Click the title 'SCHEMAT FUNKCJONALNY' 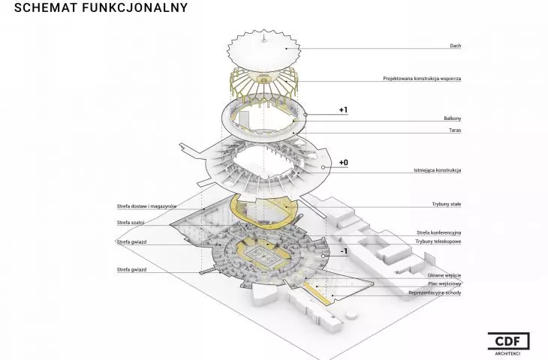click(101, 7)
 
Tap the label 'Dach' click(456, 46)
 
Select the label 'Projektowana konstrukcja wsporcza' click(422, 79)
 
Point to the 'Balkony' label click(452, 118)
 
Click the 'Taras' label click(455, 130)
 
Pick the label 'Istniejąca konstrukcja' click(437, 170)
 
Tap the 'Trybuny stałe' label click(447, 204)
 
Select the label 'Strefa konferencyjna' click(438, 232)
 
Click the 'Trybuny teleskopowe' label click(438, 241)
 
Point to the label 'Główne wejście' click(444, 275)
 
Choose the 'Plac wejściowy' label click(444, 284)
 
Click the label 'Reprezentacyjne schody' click(435, 292)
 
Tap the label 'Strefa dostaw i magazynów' click(147, 206)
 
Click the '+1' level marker click(343, 110)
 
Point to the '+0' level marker click(344, 163)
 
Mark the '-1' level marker click(344, 251)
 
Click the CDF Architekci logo click(508, 343)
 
